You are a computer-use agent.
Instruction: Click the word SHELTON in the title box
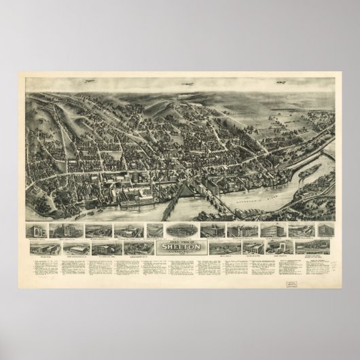click(180, 247)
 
